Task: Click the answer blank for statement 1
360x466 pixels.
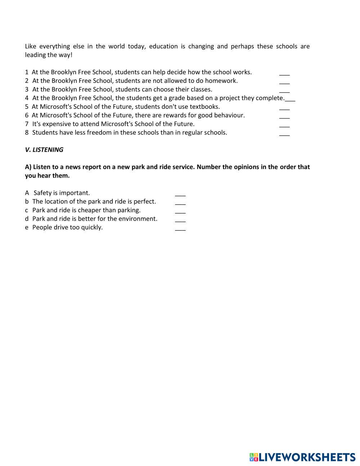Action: coord(284,74)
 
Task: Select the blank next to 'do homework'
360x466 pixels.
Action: coord(284,82)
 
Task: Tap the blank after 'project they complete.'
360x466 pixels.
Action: coord(290,100)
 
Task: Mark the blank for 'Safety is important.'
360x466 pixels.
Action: coord(180,194)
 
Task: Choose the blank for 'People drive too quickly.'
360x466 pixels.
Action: coord(180,229)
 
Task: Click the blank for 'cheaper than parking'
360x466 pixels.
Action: coord(180,212)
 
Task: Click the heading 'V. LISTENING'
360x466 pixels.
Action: coord(44,150)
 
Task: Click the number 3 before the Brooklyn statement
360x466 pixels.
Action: coord(27,89)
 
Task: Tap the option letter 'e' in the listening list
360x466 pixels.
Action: coord(27,228)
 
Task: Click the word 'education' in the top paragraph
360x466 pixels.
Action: coord(163,46)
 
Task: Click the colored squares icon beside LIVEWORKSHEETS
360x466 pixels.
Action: coord(254,457)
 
